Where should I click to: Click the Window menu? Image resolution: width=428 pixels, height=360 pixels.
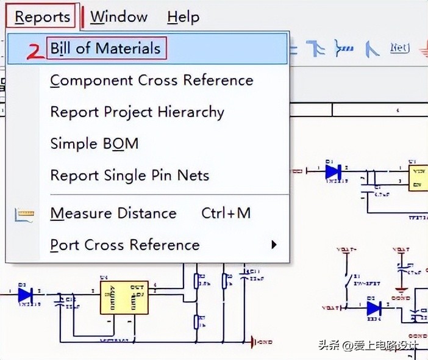pyautogui.click(x=119, y=16)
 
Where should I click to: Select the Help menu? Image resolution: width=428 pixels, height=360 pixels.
pyautogui.click(x=183, y=16)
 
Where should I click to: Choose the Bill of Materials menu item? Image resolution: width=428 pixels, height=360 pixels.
pyautogui.click(x=105, y=49)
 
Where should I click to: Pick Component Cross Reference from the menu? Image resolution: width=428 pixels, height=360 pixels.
pyautogui.click(x=151, y=81)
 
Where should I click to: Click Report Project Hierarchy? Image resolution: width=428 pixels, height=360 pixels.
pyautogui.click(x=137, y=112)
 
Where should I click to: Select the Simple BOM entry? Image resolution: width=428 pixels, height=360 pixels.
pyautogui.click(x=95, y=144)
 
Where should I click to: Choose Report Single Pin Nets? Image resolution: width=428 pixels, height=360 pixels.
pyautogui.click(x=130, y=176)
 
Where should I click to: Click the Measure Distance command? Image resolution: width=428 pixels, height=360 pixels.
pyautogui.click(x=113, y=214)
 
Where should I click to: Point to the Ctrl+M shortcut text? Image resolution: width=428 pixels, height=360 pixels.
pyautogui.click(x=226, y=214)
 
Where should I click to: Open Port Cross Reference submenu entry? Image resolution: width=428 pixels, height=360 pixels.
pyautogui.click(x=125, y=245)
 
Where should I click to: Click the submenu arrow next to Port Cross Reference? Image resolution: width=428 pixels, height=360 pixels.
pyautogui.click(x=274, y=245)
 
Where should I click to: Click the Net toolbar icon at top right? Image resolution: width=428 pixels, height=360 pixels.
pyautogui.click(x=399, y=48)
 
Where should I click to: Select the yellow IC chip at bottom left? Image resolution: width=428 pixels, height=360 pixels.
pyautogui.click(x=124, y=297)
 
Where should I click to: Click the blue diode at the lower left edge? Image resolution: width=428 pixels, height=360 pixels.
pyautogui.click(x=25, y=295)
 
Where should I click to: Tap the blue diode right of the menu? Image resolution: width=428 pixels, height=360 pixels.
pyautogui.click(x=333, y=172)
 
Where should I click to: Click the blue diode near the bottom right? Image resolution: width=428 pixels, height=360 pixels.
pyautogui.click(x=374, y=308)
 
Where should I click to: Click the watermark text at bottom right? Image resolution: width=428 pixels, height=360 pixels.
pyautogui.click(x=368, y=345)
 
